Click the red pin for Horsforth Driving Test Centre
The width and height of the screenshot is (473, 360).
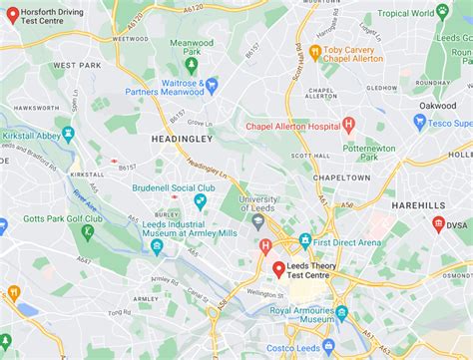coord(13,15)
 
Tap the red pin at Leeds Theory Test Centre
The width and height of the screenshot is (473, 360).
coord(278,270)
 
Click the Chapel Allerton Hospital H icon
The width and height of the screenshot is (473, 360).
coord(348,125)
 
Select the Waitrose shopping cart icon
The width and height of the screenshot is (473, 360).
coord(212,86)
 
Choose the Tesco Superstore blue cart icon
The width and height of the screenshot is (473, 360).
coord(420,122)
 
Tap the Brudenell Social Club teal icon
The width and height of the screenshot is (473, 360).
coord(200,201)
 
